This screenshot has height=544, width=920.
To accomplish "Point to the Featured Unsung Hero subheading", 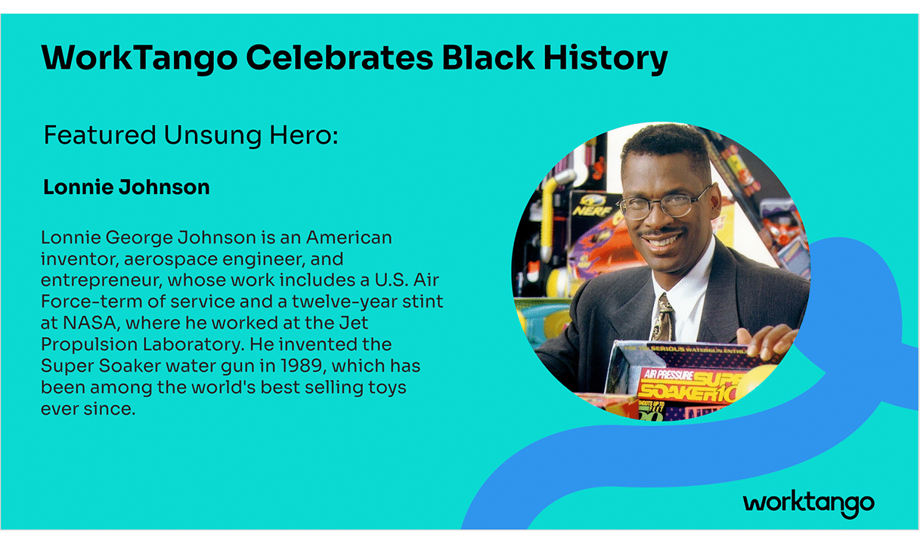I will pos(190,136).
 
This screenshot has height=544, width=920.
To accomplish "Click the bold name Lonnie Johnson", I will pos(126,187).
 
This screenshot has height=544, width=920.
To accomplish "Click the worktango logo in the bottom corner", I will pos(808,503).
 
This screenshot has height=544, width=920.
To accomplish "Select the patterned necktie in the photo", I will pos(664,317).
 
